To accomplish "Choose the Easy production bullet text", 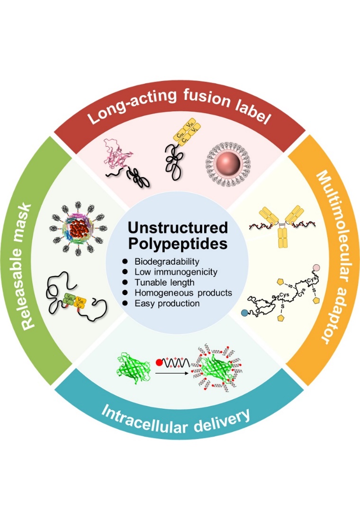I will point(167,303).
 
